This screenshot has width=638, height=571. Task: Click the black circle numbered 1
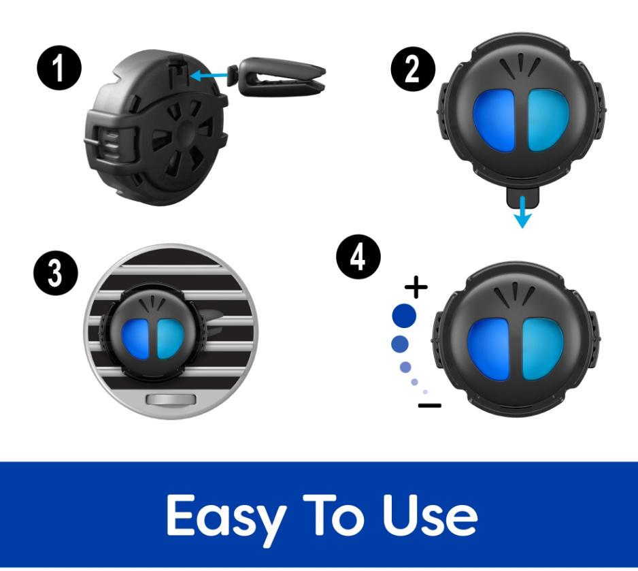pos(59,67)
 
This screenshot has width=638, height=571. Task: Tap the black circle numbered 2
pos(413,69)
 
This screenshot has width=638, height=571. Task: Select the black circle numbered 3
pos(56,273)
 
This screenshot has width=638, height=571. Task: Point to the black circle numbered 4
pos(358,257)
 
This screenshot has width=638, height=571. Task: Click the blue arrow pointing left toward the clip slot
pos(209,76)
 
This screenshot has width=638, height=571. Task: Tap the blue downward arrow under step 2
pos(522,212)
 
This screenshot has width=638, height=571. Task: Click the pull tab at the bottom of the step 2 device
pos(523,196)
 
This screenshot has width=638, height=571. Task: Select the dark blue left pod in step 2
pos(494,121)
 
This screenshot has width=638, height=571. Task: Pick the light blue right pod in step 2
pos(548,120)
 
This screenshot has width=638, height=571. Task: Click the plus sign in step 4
pos(416,287)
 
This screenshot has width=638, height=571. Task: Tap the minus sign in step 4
pos(430,406)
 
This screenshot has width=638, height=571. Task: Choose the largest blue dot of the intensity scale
pos(404,315)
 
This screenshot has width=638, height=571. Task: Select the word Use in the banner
pos(430,515)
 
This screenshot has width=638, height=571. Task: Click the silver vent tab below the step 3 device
pos(171,399)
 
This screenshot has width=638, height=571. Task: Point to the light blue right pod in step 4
pos(542,349)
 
